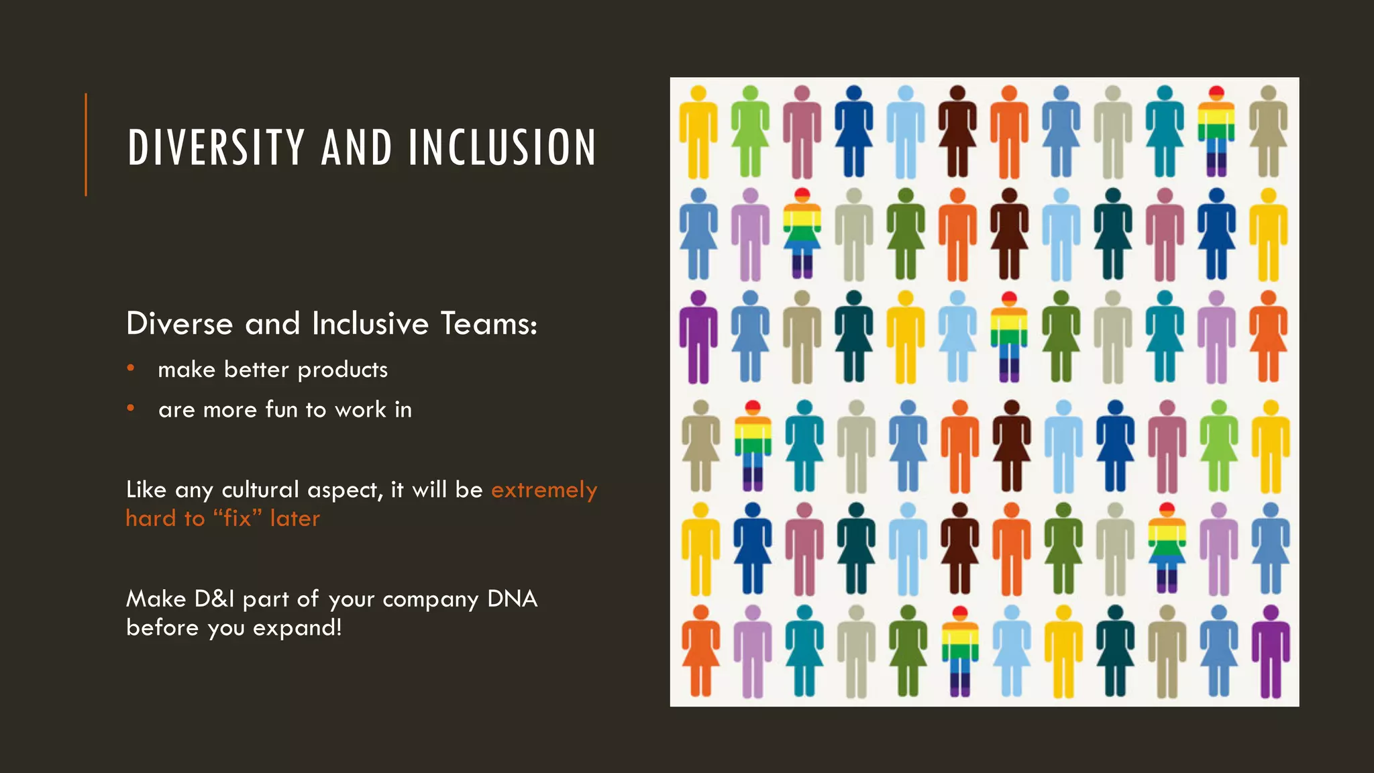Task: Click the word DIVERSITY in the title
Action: click(x=216, y=148)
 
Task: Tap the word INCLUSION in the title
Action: click(x=502, y=148)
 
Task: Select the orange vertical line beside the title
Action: click(x=86, y=144)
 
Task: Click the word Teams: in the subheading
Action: click(x=489, y=323)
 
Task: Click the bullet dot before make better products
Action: click(x=131, y=368)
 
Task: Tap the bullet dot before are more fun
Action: click(x=131, y=408)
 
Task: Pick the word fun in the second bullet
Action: click(x=282, y=409)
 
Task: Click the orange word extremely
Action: click(x=544, y=490)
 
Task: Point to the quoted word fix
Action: click(x=237, y=518)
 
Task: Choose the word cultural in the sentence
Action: click(x=260, y=490)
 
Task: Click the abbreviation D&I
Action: click(x=214, y=599)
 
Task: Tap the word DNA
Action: click(x=513, y=599)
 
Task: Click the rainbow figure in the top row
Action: click(x=1216, y=131)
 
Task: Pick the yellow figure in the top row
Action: click(x=698, y=131)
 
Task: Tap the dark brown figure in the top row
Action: click(x=957, y=131)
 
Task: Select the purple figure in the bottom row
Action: click(x=1271, y=651)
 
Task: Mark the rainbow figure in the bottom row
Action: click(x=960, y=651)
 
